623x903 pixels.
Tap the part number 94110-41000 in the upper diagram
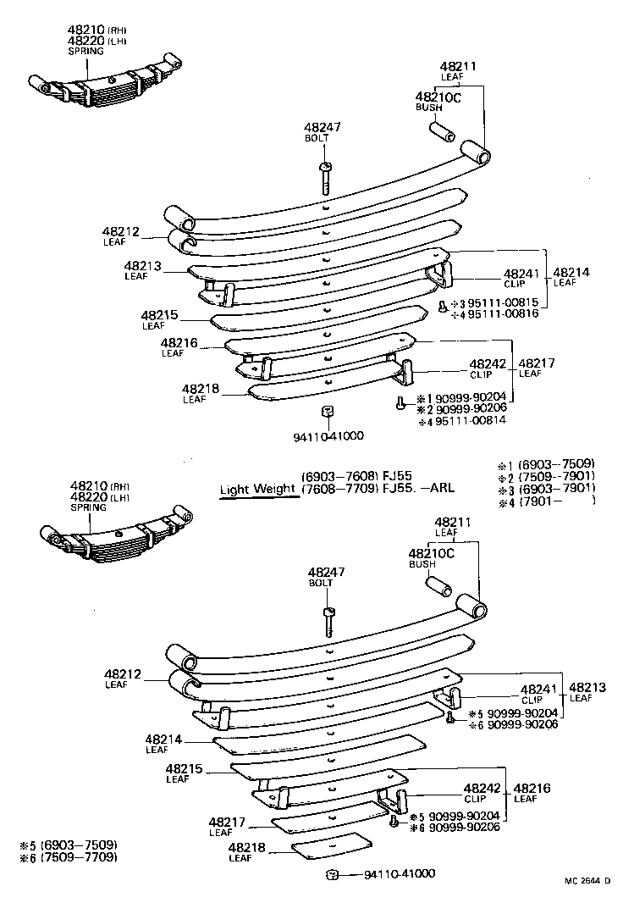(328, 435)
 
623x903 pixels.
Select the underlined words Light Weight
(258, 489)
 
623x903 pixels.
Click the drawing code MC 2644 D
(587, 881)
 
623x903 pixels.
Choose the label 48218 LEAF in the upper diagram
(201, 393)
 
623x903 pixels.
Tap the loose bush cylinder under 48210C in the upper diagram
(443, 133)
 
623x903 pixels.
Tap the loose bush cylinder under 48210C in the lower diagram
(437, 585)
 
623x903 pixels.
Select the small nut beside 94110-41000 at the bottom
(334, 873)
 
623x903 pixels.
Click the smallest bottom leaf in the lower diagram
(332, 845)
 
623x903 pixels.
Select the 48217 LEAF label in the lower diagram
(227, 826)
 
